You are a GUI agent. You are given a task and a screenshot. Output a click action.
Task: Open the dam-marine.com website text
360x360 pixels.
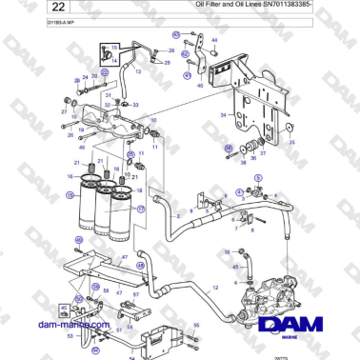pos(50,325)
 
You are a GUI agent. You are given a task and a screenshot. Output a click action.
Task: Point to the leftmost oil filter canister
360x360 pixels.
pos(85,204)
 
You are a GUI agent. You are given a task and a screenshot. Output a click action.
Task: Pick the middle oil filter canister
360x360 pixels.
pos(106,209)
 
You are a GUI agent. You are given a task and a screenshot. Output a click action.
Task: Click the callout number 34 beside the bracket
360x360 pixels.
pos(222,113)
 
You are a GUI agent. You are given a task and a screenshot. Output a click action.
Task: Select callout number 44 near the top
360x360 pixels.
pos(213,41)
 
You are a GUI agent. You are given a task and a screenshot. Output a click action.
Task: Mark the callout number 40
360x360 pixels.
pos(200,85)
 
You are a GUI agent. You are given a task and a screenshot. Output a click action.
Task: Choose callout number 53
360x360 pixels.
pos(69,334)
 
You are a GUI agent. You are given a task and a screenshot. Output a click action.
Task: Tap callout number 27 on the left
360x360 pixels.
pos(64,111)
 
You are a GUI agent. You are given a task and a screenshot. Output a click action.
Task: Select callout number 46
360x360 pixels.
pos(82,148)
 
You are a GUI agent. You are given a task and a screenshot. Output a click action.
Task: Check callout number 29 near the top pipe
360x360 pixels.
pos(167,62)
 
